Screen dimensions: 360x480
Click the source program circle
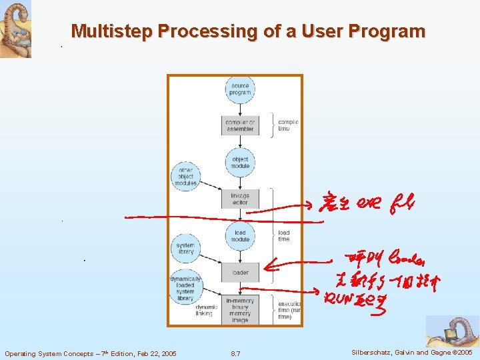240,89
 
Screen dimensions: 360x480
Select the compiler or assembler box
240,125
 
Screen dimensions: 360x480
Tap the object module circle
240,163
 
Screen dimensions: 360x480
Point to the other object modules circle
185,177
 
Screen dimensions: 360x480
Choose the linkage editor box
240,199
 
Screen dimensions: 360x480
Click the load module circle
240,236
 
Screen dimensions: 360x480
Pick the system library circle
185,248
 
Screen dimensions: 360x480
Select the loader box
240,272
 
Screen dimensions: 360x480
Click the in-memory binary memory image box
240,309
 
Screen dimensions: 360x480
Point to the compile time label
288,125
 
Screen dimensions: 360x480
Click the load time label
284,236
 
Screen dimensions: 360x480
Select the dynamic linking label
204,310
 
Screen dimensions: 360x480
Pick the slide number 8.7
235,353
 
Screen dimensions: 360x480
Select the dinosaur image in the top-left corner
15,29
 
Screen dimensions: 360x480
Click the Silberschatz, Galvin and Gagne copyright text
409,352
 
